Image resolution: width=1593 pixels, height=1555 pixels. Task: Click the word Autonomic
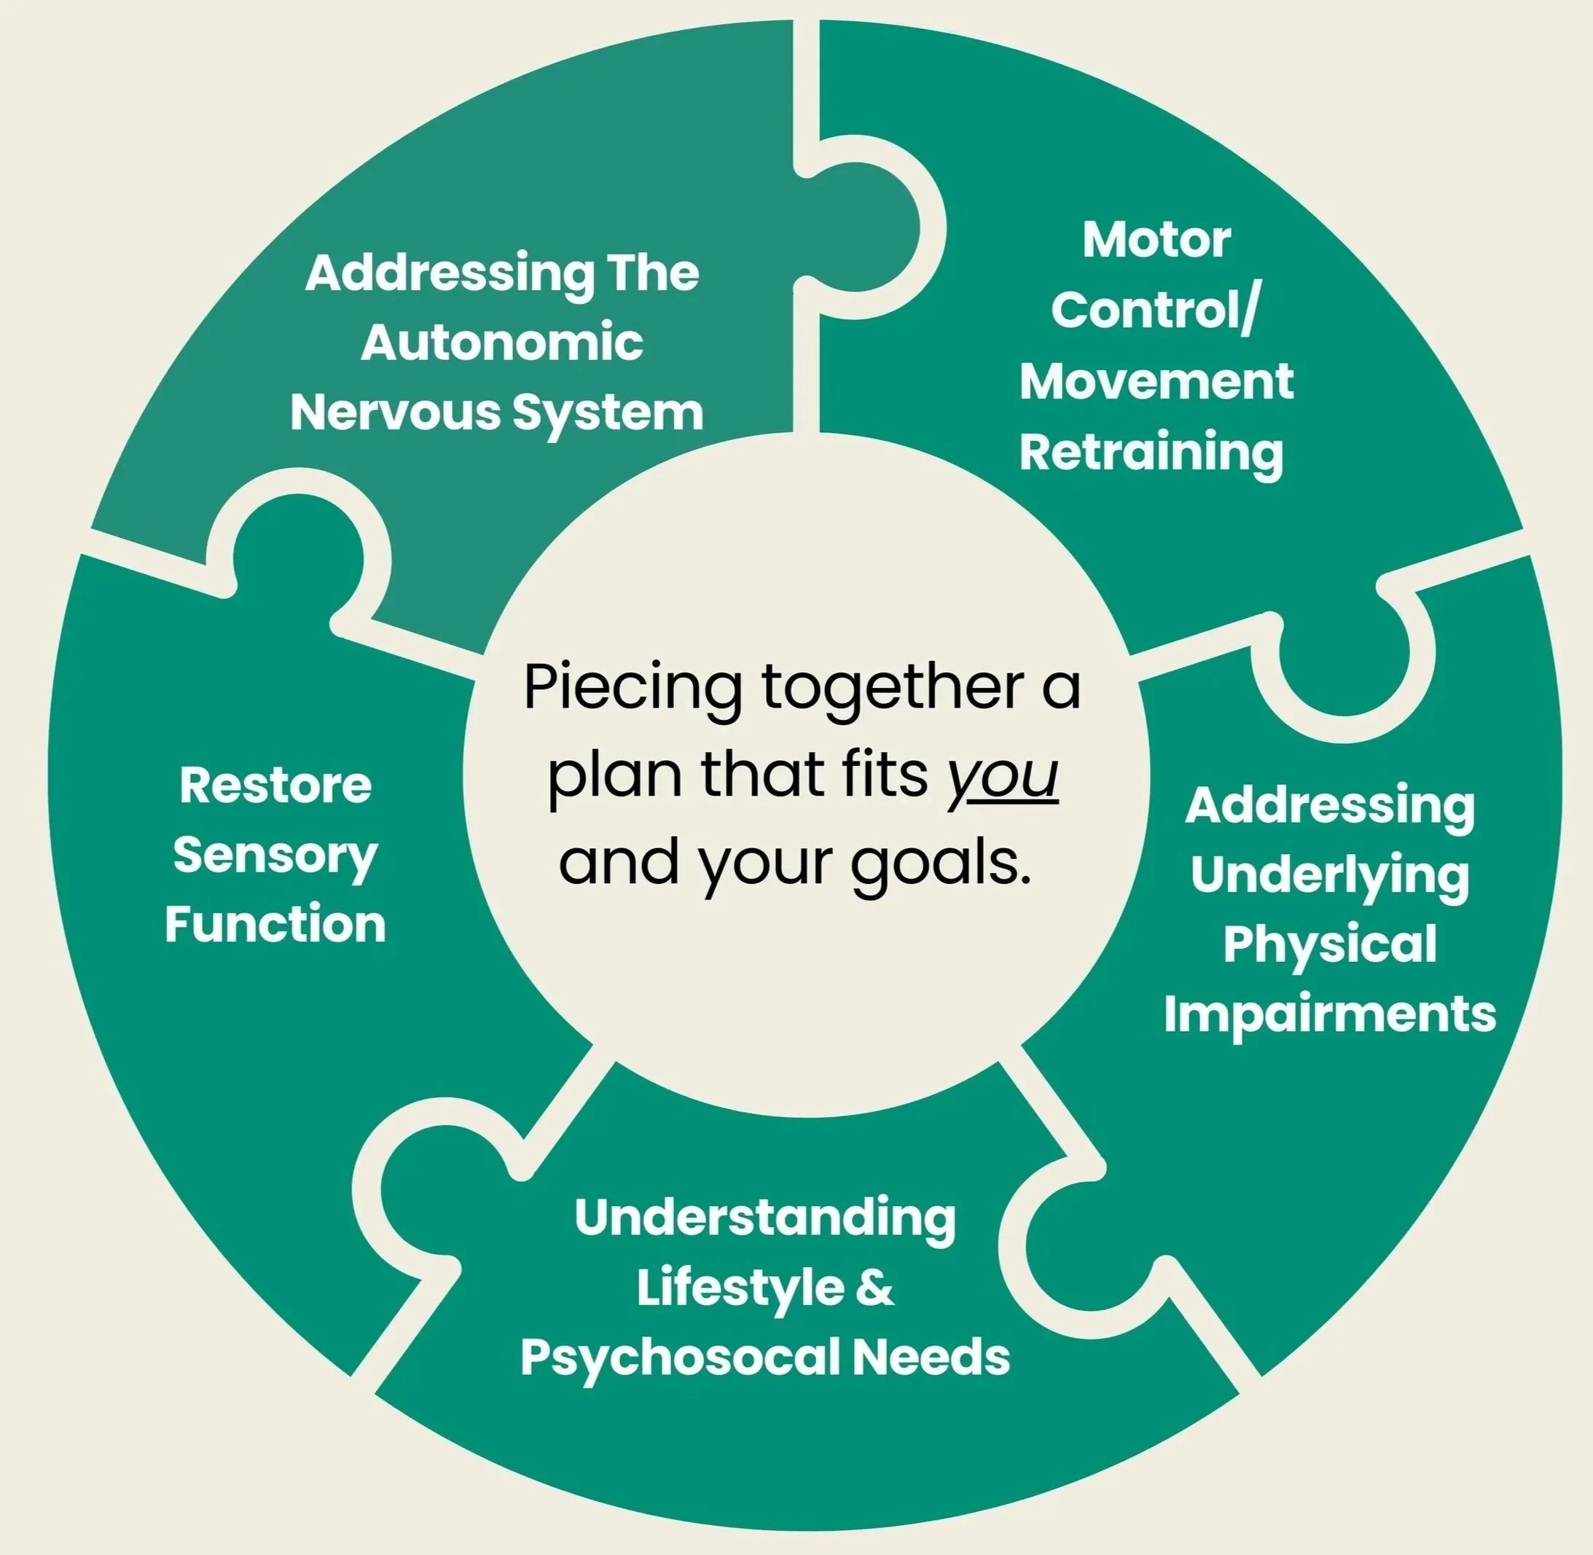coord(501,343)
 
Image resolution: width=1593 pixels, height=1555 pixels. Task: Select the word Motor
coord(1156,240)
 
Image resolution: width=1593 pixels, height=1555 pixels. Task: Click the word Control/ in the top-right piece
coord(1156,310)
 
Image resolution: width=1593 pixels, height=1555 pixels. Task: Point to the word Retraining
coord(1151,454)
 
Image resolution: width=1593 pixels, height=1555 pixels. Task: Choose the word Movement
coord(1156,381)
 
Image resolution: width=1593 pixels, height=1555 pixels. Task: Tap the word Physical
coord(1329,945)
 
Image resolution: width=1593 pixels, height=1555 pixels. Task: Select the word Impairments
coord(1329,1014)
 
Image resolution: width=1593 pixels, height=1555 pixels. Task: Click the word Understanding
coord(764,1218)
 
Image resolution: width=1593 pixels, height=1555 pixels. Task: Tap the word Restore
coord(275,786)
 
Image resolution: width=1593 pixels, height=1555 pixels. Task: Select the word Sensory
coord(275,856)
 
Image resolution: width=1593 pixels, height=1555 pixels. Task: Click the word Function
coord(275,925)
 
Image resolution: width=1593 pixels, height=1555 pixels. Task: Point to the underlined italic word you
coord(1003,776)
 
